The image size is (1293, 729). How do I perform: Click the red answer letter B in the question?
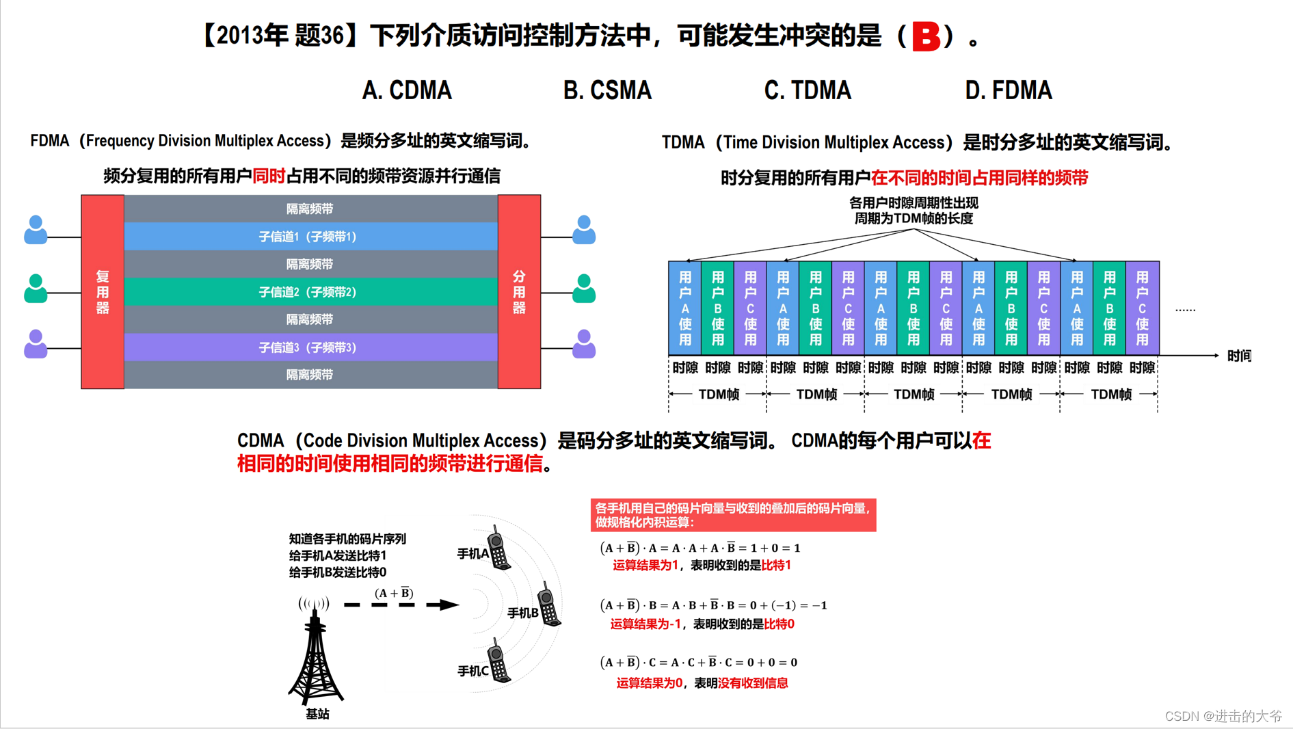(x=926, y=37)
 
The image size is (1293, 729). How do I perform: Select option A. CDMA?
(x=407, y=90)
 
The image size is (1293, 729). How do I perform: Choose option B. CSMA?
(x=607, y=90)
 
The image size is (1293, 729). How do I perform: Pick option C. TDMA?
(x=808, y=90)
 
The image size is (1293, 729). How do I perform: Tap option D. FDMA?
(x=1008, y=90)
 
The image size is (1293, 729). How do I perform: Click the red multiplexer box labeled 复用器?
(x=103, y=292)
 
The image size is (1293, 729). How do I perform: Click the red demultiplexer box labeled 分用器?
(x=519, y=292)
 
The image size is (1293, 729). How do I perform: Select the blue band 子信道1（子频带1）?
(x=310, y=237)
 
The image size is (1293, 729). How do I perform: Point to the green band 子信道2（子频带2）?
(x=310, y=292)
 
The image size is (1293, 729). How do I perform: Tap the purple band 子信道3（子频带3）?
(x=310, y=347)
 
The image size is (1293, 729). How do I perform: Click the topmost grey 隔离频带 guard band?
(x=310, y=209)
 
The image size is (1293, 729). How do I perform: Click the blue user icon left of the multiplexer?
(x=36, y=230)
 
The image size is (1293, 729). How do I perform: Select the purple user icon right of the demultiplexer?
(x=583, y=344)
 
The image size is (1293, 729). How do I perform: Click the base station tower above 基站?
(x=315, y=657)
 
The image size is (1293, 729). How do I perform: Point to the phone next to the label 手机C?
(x=498, y=662)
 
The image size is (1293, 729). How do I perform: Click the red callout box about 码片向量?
(x=733, y=515)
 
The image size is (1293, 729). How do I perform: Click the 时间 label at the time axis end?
(x=1239, y=356)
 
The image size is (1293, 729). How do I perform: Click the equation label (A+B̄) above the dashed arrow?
(x=394, y=593)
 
